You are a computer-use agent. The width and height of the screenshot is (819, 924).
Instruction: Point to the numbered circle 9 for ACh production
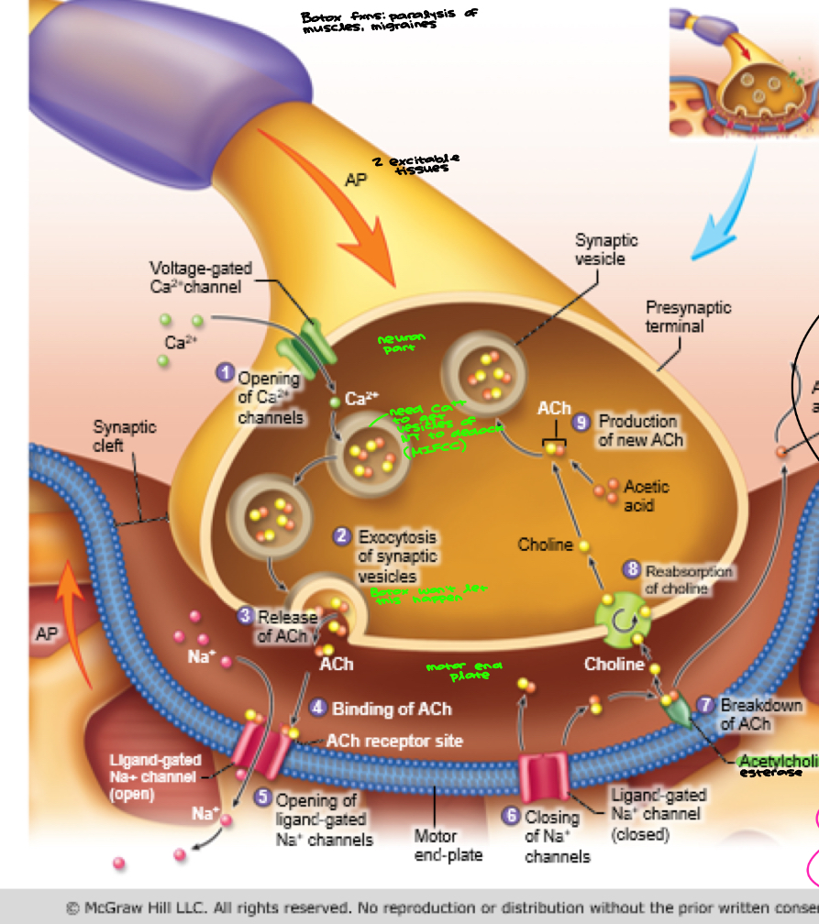[x=580, y=422]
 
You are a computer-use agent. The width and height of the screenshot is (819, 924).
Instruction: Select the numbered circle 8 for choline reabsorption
[x=631, y=570]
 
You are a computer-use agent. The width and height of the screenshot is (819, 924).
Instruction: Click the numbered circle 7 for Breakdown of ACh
[x=704, y=705]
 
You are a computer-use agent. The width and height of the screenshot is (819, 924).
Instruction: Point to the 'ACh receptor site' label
[x=394, y=741]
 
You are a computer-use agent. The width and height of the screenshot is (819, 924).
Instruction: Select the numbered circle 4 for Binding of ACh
[x=318, y=708]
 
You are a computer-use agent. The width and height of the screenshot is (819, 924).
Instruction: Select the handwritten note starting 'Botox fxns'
[x=389, y=20]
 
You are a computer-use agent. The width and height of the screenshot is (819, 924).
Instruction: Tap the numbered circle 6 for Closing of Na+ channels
[x=511, y=815]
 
